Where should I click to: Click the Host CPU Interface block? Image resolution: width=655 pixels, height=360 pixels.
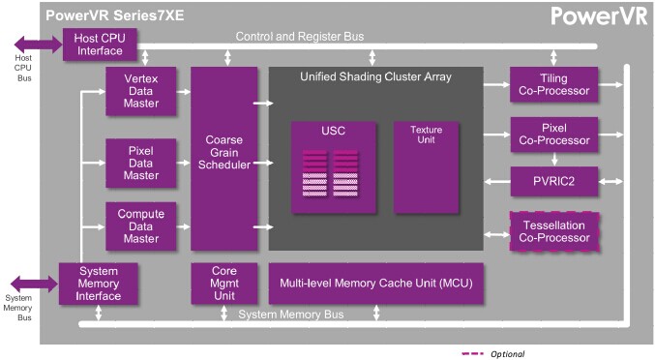[100, 45]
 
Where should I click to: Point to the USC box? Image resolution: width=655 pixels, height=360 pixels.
[332, 166]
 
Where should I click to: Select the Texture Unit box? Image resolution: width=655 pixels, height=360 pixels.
[426, 166]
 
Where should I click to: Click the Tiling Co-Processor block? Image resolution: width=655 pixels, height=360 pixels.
[553, 85]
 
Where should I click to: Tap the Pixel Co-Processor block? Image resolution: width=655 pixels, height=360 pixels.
[553, 134]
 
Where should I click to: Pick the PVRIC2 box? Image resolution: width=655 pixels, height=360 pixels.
[553, 180]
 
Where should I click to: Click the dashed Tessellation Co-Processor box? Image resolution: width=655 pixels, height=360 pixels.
[553, 232]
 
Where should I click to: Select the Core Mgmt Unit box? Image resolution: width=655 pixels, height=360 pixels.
[224, 283]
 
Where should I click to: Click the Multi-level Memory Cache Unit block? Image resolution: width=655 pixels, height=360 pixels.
[375, 283]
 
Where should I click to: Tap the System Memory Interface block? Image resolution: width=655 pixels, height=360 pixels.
[100, 283]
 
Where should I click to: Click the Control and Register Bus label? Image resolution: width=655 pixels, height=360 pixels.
[299, 37]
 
